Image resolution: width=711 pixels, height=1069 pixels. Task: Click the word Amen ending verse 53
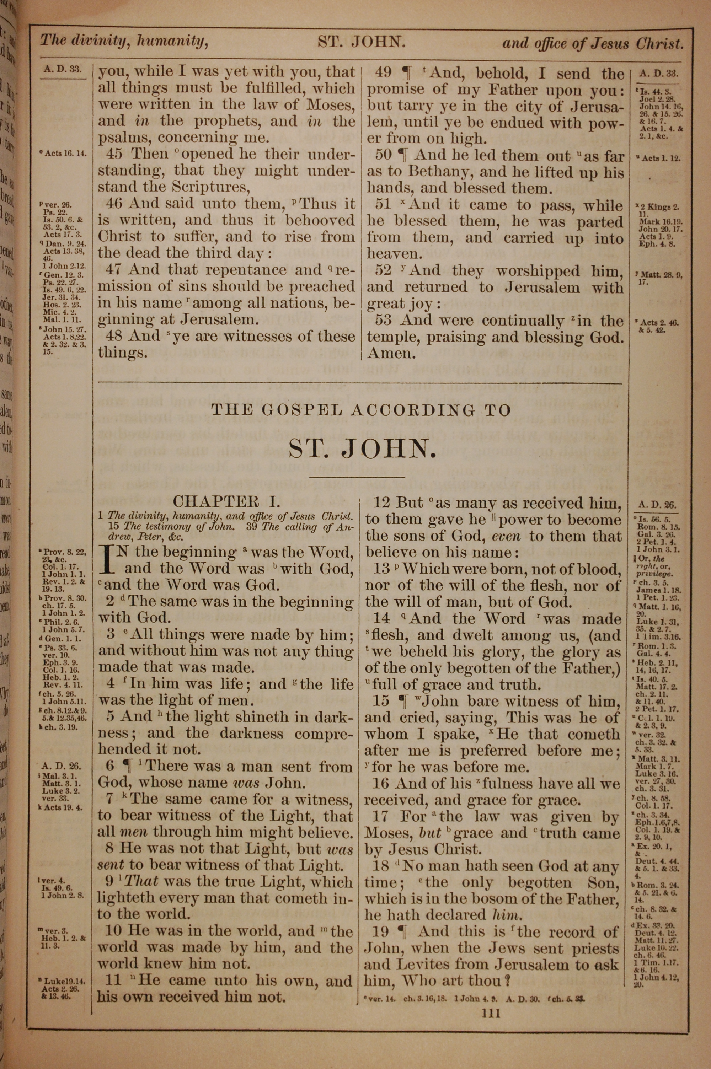[x=391, y=354]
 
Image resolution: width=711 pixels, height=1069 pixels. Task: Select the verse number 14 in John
[x=381, y=619]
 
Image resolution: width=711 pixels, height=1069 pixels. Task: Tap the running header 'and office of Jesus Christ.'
[x=592, y=44]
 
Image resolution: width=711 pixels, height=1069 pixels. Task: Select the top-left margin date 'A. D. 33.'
[x=63, y=70]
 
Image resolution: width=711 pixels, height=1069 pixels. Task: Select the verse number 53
[x=383, y=321]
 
